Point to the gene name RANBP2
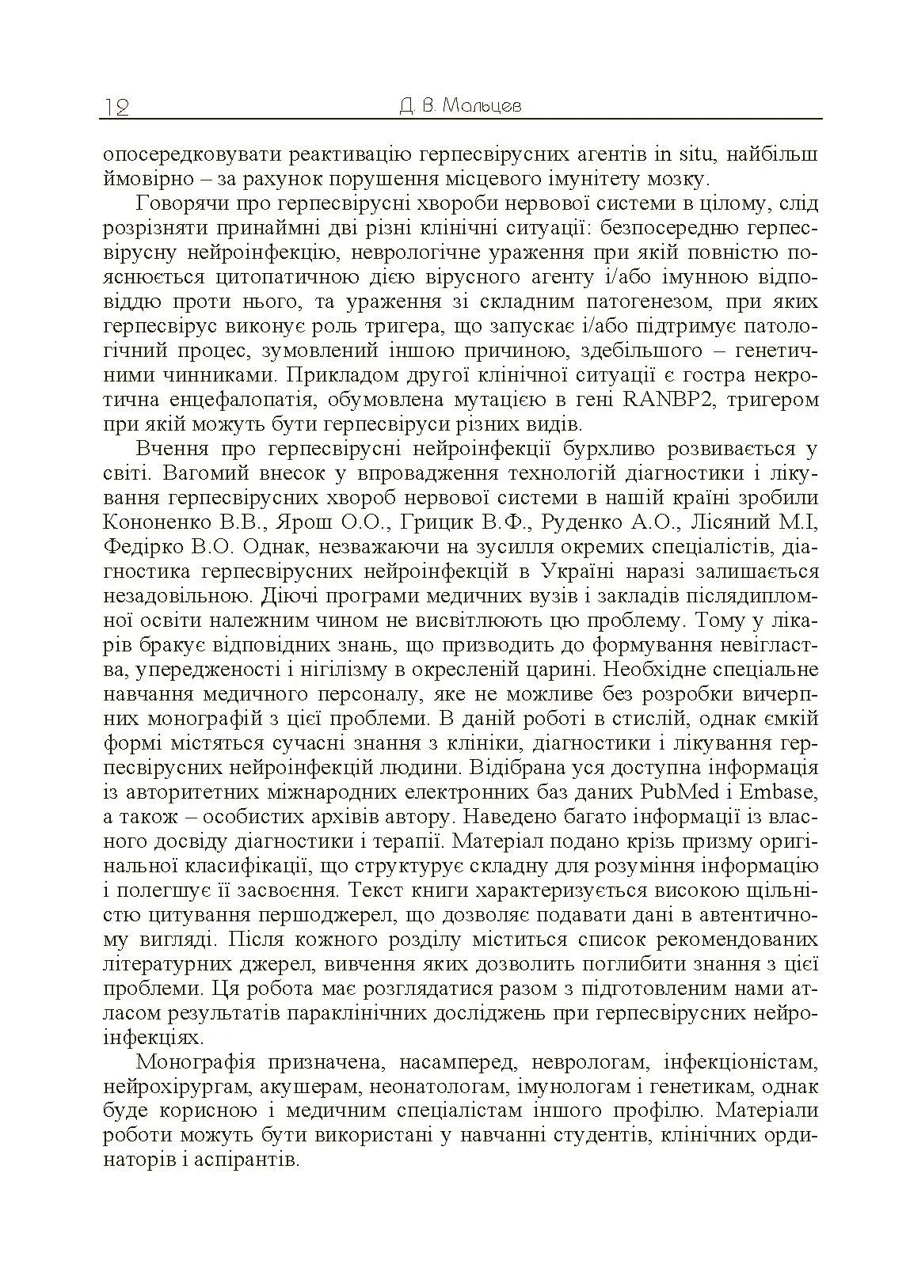[672, 400]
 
